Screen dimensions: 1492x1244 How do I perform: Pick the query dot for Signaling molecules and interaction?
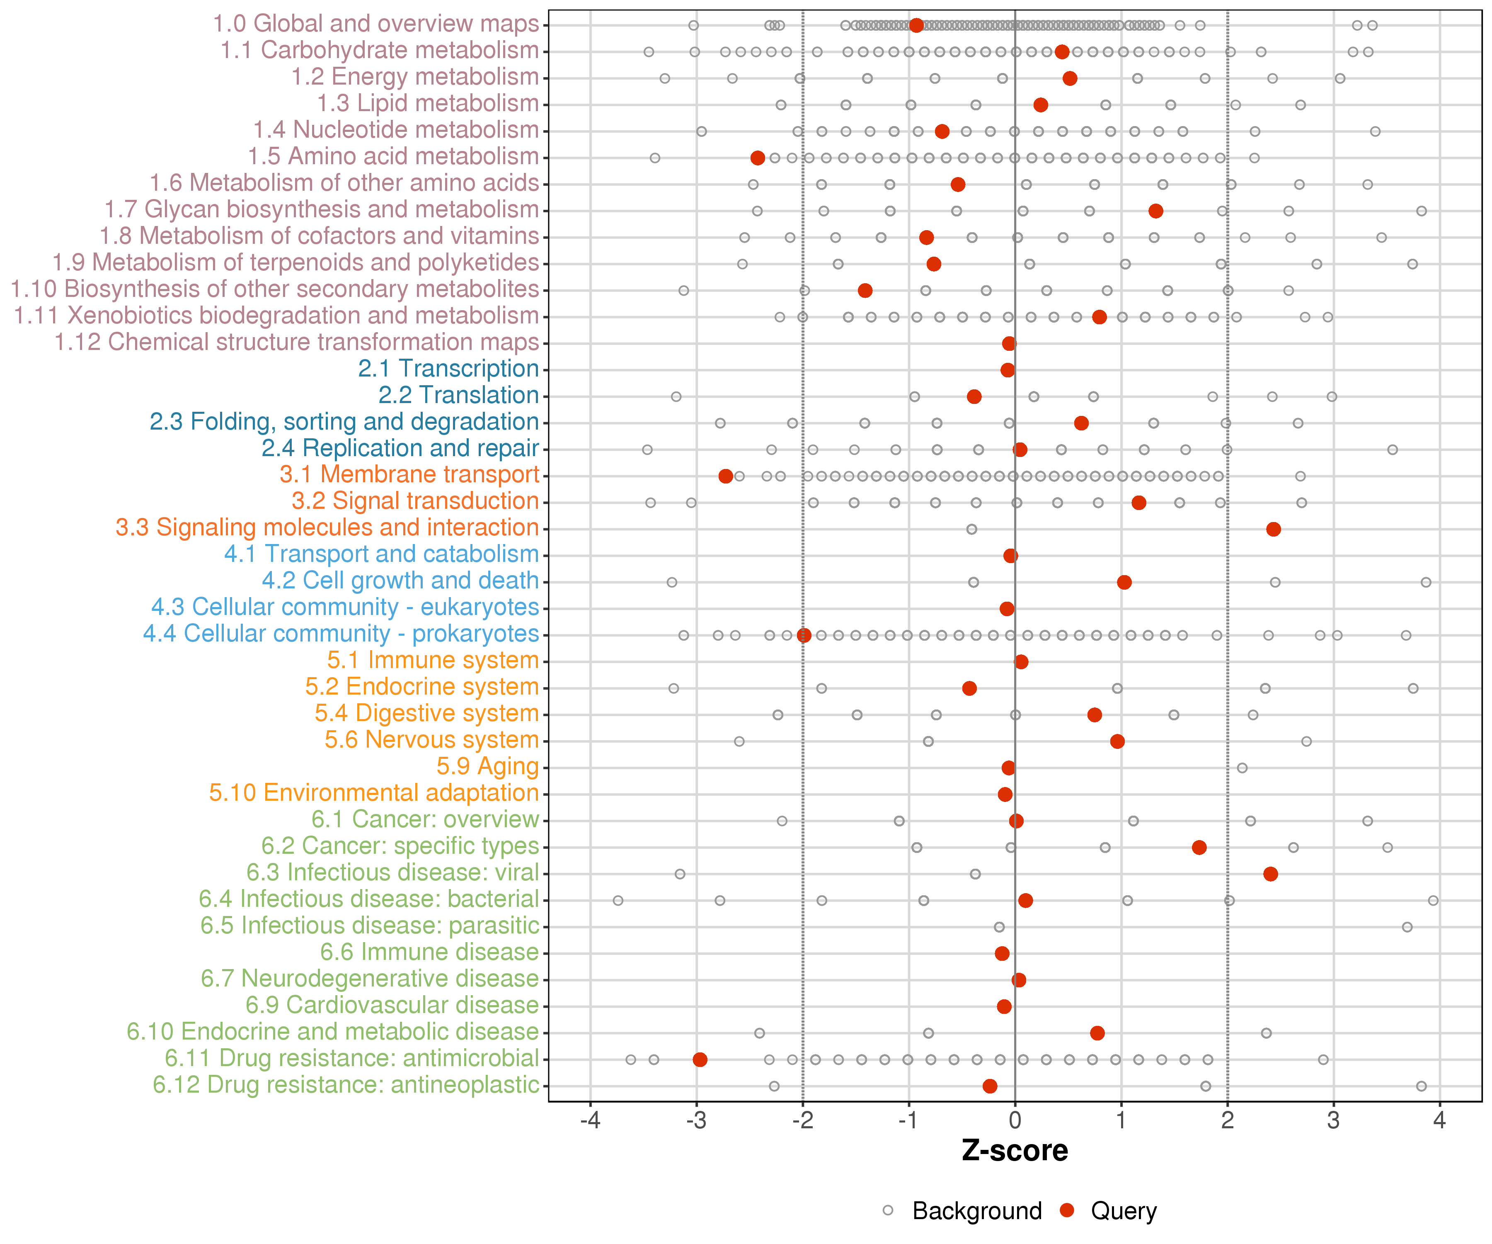pos(1273,529)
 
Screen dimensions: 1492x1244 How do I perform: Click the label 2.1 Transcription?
pos(448,369)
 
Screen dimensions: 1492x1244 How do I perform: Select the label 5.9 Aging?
pos(487,767)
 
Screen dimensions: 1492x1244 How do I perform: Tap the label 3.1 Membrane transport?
pos(409,475)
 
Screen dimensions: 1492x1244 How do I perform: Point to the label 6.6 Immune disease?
pos(429,952)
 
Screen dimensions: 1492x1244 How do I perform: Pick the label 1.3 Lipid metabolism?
pos(428,104)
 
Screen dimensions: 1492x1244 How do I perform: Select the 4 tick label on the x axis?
pos(1439,1121)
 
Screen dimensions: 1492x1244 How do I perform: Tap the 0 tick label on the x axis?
pos(1015,1121)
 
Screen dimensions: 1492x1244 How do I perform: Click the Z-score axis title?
pos(1015,1151)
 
